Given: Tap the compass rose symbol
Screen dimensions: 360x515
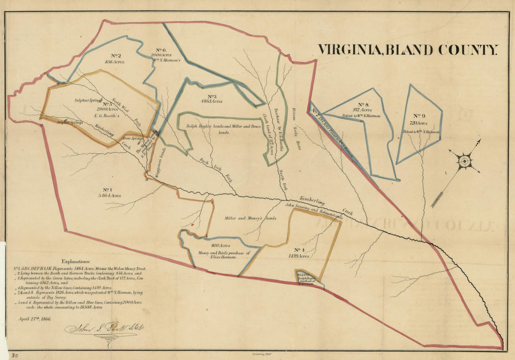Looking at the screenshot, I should [x=464, y=162].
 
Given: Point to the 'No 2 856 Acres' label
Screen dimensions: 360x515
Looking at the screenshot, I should [x=115, y=58].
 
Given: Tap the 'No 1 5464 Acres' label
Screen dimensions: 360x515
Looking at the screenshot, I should [x=110, y=192].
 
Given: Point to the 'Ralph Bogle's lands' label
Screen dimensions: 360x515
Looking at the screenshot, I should [x=207, y=126].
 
